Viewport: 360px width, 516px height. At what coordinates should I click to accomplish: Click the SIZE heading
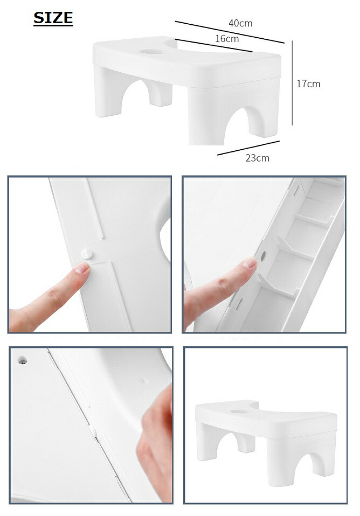tap(53, 18)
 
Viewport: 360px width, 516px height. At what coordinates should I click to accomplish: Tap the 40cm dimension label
tap(240, 23)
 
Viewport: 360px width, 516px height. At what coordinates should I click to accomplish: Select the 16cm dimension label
tap(227, 39)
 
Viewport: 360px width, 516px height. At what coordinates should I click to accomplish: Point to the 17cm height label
tap(308, 83)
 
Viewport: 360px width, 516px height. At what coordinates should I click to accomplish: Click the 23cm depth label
tap(257, 158)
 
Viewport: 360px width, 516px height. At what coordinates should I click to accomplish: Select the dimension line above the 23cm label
tap(248, 148)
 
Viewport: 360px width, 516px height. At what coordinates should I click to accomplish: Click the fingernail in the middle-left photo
tap(81, 268)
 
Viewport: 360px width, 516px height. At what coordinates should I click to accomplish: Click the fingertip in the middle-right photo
tap(247, 264)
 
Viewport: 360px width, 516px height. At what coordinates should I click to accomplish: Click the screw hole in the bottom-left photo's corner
tap(22, 359)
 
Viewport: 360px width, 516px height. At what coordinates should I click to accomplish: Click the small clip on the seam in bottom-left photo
tap(93, 431)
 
